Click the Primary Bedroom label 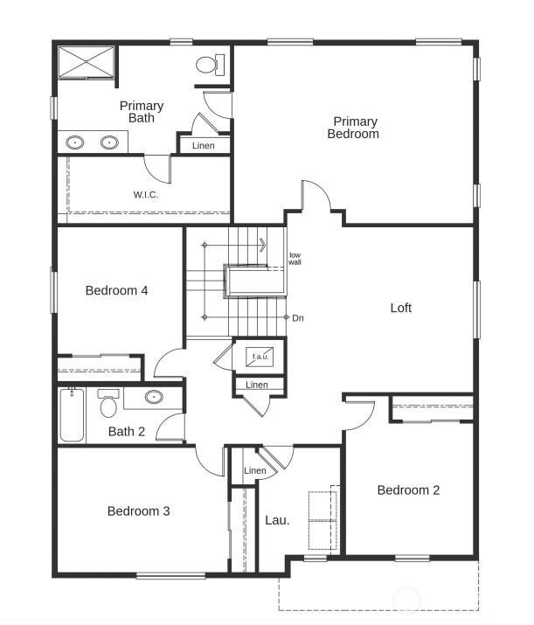(x=354, y=128)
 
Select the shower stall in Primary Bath (x=86, y=62)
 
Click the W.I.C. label (x=146, y=194)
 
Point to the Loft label (x=400, y=308)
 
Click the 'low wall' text (x=295, y=258)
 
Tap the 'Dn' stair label (x=298, y=317)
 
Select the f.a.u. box (x=260, y=356)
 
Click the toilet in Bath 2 (x=109, y=405)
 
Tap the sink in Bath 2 (x=154, y=397)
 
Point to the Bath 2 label (x=127, y=431)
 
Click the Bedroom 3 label (x=138, y=510)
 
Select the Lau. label (x=277, y=519)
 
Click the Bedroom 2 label (x=408, y=490)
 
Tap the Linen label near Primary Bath (x=204, y=145)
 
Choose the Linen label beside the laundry (x=255, y=471)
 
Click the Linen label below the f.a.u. (x=257, y=385)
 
